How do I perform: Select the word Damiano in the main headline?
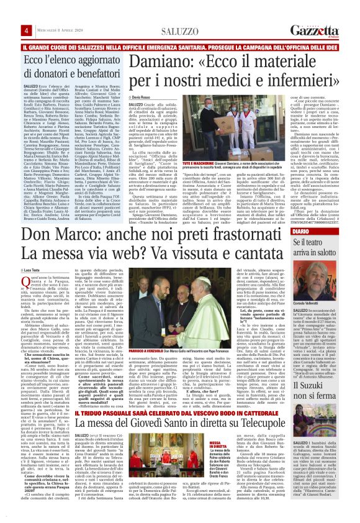(161, 63)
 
